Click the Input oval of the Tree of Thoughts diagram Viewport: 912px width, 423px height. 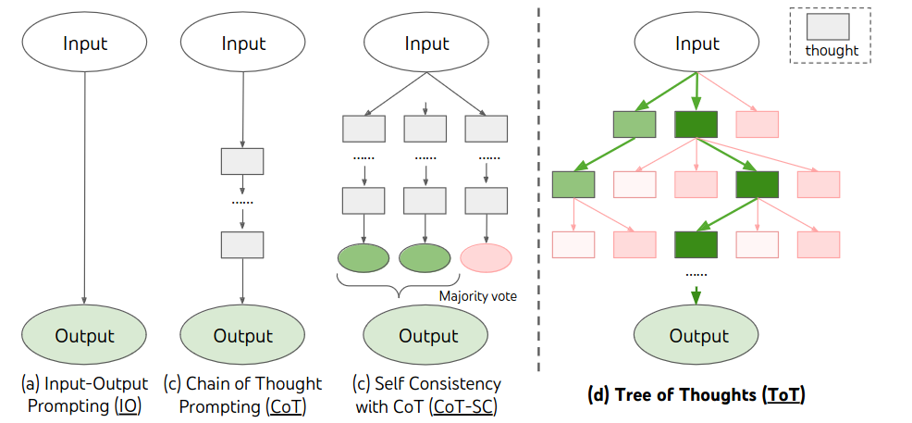tap(696, 44)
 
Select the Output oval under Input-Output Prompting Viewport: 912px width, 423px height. tap(85, 336)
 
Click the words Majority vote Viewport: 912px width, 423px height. tap(478, 297)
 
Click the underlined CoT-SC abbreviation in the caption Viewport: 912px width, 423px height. tap(462, 407)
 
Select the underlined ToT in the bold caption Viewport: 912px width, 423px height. tap(783, 395)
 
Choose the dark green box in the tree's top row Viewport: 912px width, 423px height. tap(696, 124)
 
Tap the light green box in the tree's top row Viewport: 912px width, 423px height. tap(635, 124)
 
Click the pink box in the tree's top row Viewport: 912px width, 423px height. tap(757, 124)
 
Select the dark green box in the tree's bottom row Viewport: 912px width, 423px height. tap(696, 244)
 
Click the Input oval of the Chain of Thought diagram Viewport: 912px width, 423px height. tap(243, 44)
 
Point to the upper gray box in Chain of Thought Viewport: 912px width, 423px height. tap(242, 161)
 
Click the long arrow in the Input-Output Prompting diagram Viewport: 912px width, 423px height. tap(85, 185)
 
